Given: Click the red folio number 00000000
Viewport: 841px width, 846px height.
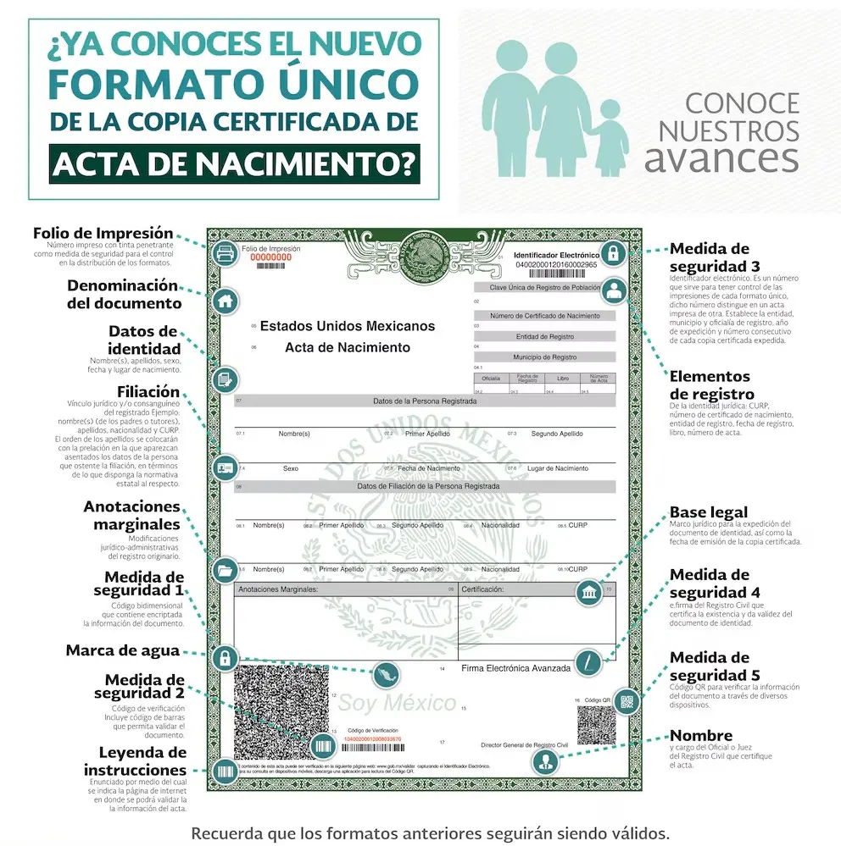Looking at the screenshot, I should (272, 257).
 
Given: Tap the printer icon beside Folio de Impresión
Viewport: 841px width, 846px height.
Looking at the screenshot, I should (224, 252).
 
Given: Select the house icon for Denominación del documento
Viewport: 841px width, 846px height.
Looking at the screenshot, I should (225, 300).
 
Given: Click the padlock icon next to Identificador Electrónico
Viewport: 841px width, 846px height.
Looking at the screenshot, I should (613, 252).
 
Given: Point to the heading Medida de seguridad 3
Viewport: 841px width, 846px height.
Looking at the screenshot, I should (710, 257).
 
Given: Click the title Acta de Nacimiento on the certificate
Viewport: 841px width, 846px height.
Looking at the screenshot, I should (347, 347).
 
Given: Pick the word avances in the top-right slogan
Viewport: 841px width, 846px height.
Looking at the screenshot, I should (721, 158).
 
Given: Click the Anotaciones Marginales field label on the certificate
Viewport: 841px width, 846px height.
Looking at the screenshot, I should (278, 589).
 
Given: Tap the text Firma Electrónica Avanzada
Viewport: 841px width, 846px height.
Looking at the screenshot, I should (515, 668).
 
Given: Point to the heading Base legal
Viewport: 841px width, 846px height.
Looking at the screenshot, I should (709, 512).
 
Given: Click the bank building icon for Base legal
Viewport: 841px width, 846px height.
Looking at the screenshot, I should (589, 592).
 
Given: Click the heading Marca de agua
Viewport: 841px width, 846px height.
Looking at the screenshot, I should (123, 650).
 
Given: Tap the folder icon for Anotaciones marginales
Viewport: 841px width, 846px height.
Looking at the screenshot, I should (225, 569).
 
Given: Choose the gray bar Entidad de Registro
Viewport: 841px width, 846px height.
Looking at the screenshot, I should (544, 337).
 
